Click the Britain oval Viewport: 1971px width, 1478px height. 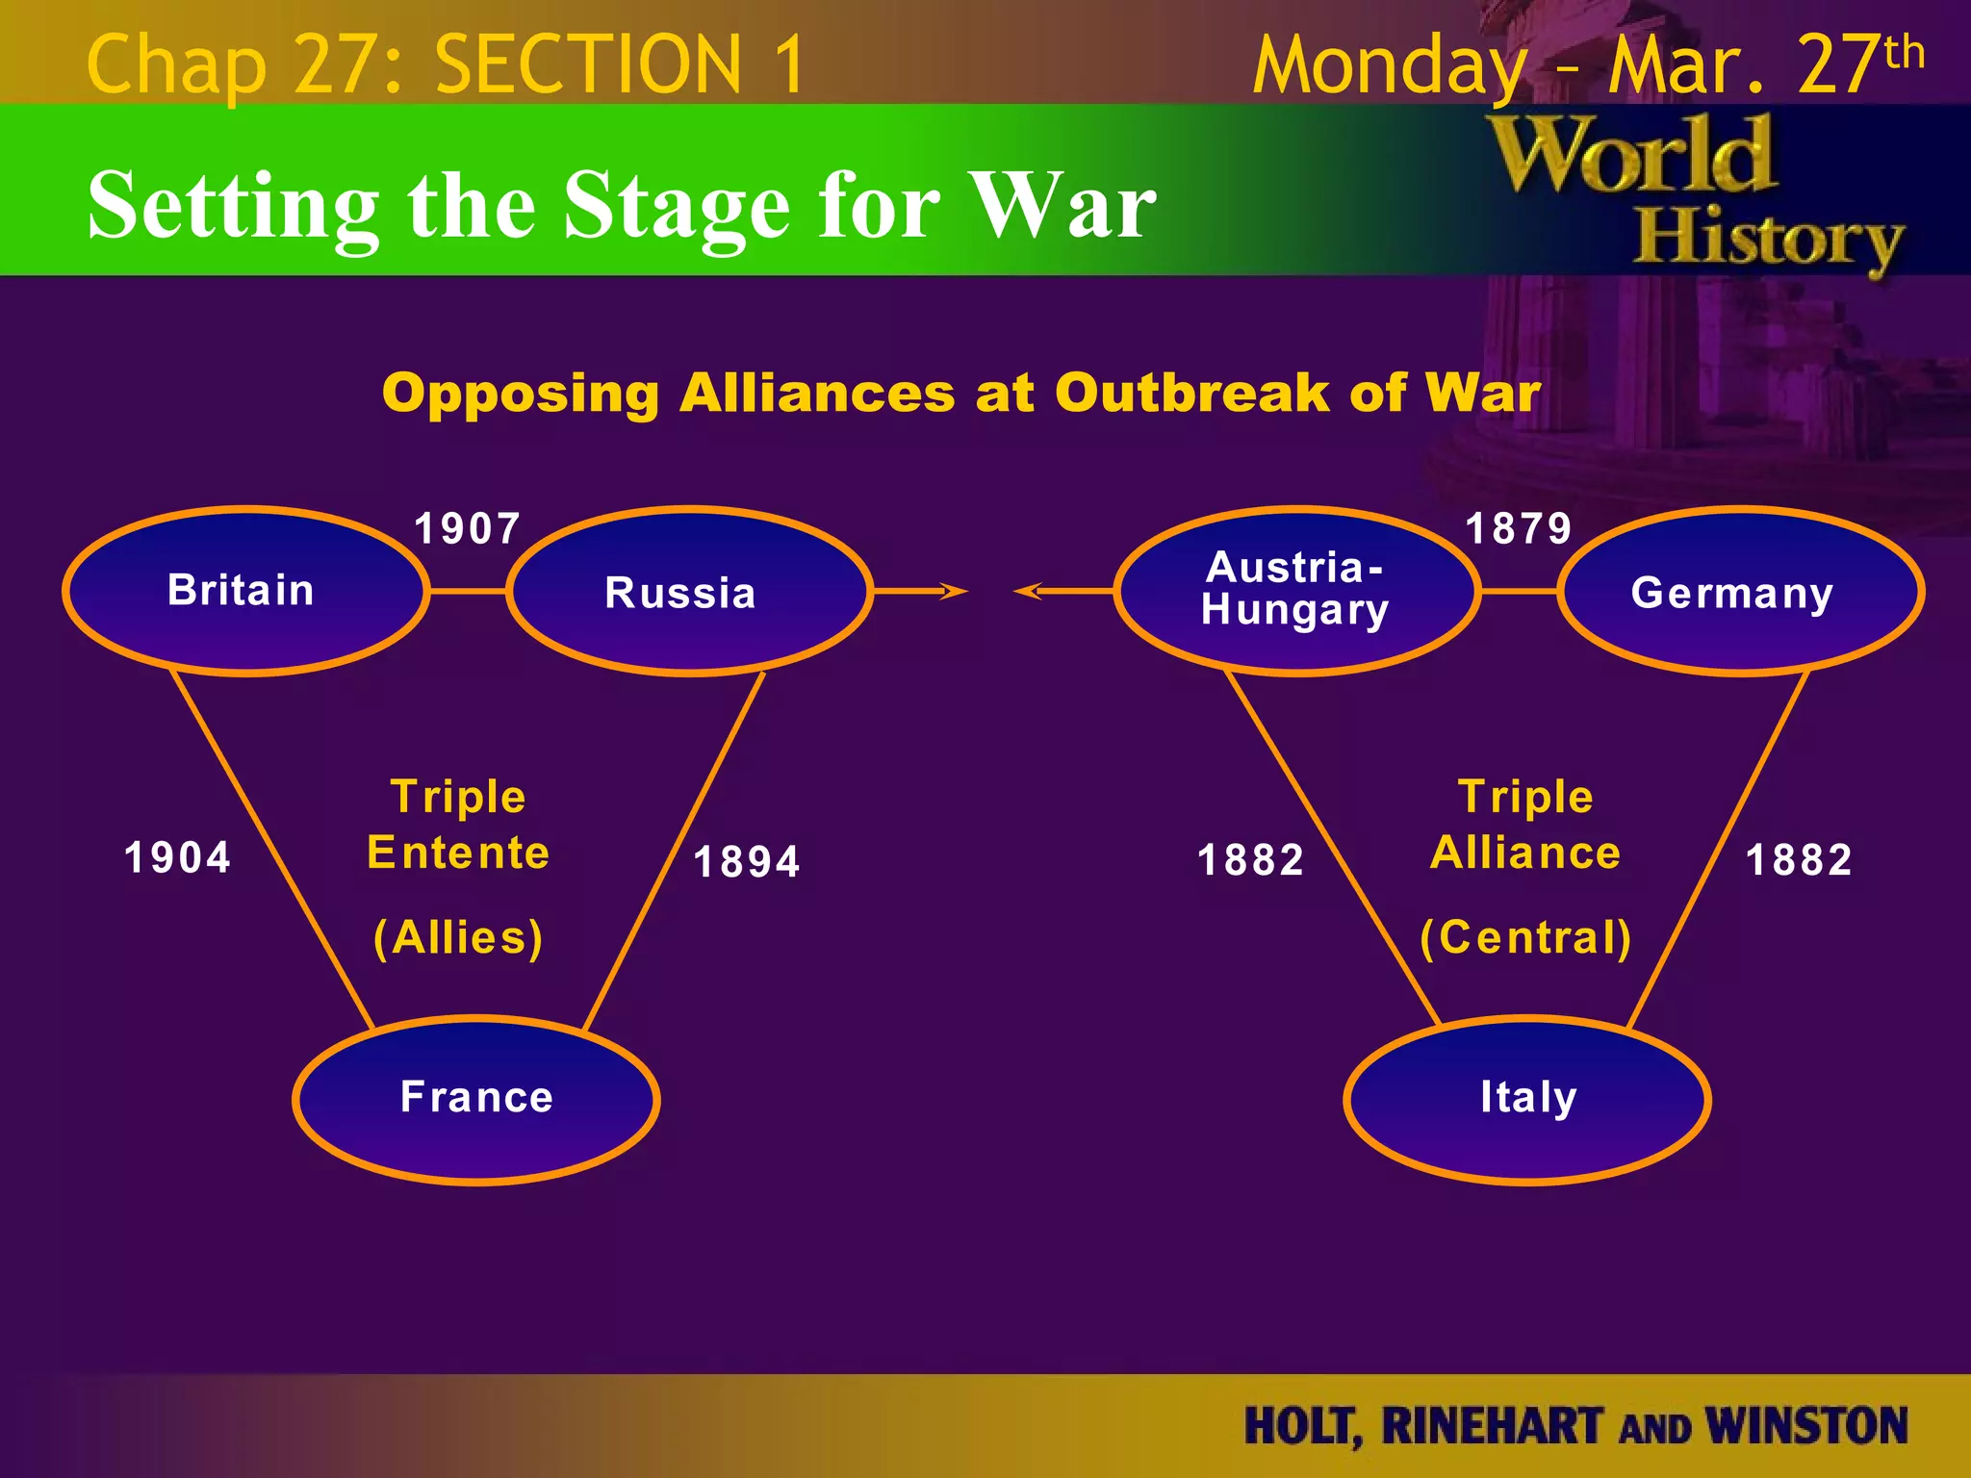tap(245, 591)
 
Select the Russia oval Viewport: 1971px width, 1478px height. tap(689, 592)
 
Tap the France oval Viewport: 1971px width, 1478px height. tap(476, 1099)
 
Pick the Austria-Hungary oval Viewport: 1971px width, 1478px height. tap(1296, 591)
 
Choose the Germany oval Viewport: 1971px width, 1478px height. tap(1740, 592)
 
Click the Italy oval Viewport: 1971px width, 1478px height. tap(1527, 1099)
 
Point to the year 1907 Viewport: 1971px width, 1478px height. tap(468, 528)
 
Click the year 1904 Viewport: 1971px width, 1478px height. tap(178, 857)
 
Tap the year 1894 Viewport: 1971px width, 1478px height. tap(747, 861)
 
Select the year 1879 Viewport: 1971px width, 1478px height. tap(1519, 528)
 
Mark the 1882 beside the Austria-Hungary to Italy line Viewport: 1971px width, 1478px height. tap(1250, 859)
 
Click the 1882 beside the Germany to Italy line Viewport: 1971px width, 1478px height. tap(1799, 859)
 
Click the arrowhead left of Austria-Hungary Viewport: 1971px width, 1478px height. tap(1028, 591)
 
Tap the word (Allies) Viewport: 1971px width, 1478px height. tap(459, 937)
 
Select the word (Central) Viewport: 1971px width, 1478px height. tap(1526, 937)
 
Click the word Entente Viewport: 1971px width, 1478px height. tap(458, 853)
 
